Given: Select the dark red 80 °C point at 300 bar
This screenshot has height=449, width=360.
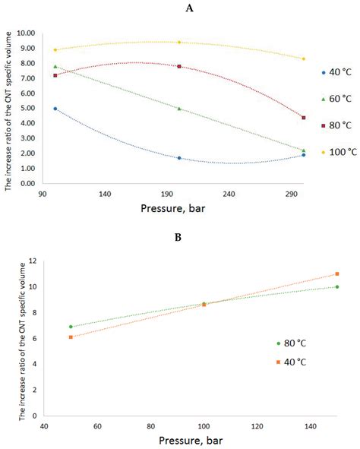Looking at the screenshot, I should click(303, 118).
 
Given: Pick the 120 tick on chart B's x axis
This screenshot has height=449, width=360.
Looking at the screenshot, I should click(257, 426).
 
